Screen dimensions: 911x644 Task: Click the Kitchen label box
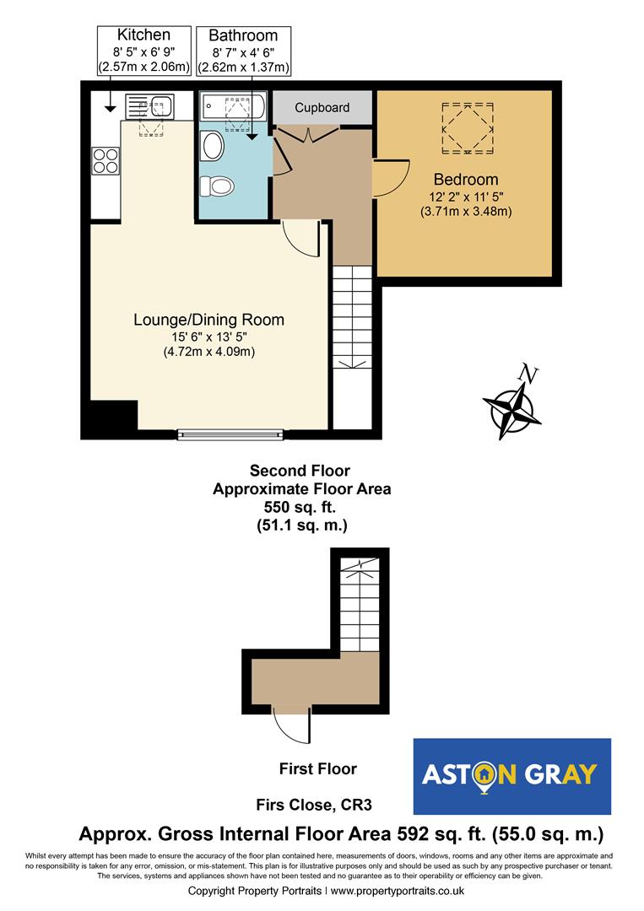pyautogui.click(x=143, y=51)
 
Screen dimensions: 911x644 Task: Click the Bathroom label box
pyautogui.click(x=243, y=51)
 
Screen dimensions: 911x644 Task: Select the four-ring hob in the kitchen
pyautogui.click(x=106, y=160)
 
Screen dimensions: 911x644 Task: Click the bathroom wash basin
pyautogui.click(x=211, y=148)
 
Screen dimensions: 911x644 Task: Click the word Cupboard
pyautogui.click(x=322, y=108)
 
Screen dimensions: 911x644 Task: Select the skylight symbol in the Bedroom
pyautogui.click(x=465, y=128)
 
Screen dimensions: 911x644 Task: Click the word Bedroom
pyautogui.click(x=465, y=180)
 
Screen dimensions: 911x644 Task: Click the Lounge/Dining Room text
pyautogui.click(x=208, y=320)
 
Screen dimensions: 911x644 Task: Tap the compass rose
pyautogui.click(x=512, y=414)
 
